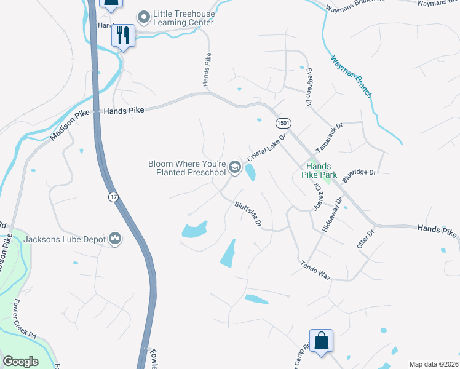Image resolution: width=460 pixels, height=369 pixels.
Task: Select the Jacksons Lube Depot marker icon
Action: (115, 238)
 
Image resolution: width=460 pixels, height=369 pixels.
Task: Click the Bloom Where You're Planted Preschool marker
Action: (234, 167)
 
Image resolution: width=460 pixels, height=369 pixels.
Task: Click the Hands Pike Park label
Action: (319, 171)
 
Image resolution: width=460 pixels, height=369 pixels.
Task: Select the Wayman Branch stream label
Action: (351, 77)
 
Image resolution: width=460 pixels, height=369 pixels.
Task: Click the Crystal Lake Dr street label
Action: (268, 148)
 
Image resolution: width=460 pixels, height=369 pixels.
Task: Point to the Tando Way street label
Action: (315, 271)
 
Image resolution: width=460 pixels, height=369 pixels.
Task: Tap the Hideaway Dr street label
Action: (332, 214)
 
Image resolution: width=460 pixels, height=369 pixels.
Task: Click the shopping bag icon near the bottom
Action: (321, 341)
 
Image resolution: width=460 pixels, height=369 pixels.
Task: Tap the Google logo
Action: (20, 362)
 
